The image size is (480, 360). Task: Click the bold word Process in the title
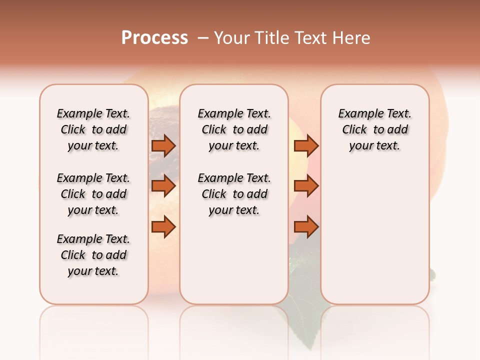154,38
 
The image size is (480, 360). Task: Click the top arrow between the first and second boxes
163,145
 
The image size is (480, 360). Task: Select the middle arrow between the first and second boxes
163,186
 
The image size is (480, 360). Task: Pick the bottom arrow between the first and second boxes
163,227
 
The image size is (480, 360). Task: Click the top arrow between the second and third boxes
306,145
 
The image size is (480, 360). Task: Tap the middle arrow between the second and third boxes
306,186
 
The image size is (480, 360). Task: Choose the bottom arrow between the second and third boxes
306,227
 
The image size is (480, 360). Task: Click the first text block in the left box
93,129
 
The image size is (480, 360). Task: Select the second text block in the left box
93,194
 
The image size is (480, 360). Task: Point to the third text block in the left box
93,255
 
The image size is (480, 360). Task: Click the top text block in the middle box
234,129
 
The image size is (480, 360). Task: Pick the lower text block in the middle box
234,194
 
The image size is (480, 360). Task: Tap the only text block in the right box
374,129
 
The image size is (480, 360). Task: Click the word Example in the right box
356,114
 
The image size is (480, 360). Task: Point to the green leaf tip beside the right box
432,274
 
